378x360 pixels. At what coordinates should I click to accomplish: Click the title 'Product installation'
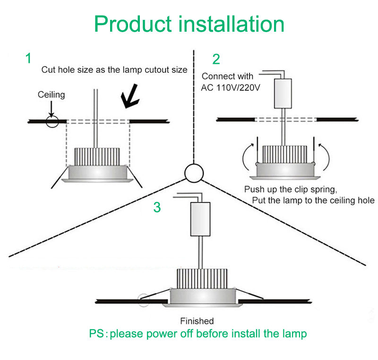pyautogui.click(x=189, y=24)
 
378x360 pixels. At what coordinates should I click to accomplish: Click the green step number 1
pyautogui.click(x=28, y=59)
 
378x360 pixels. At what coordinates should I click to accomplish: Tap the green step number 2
pyautogui.click(x=216, y=60)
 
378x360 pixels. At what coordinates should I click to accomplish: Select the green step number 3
pyautogui.click(x=157, y=207)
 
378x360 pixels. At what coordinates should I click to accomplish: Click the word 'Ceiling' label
pyautogui.click(x=52, y=95)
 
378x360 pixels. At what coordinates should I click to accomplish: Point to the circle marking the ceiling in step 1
pyautogui.click(x=52, y=122)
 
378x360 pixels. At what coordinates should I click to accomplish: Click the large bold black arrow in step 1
pyautogui.click(x=129, y=97)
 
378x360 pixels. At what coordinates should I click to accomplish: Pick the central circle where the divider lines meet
pyautogui.click(x=194, y=173)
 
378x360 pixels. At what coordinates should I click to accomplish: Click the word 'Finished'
pyautogui.click(x=197, y=321)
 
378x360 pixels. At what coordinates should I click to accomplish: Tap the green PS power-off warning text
pyautogui.click(x=198, y=334)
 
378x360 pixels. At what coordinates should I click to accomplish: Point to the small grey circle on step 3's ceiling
pyautogui.click(x=142, y=299)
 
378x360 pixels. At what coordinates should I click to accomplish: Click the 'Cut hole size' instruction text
pyautogui.click(x=114, y=70)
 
